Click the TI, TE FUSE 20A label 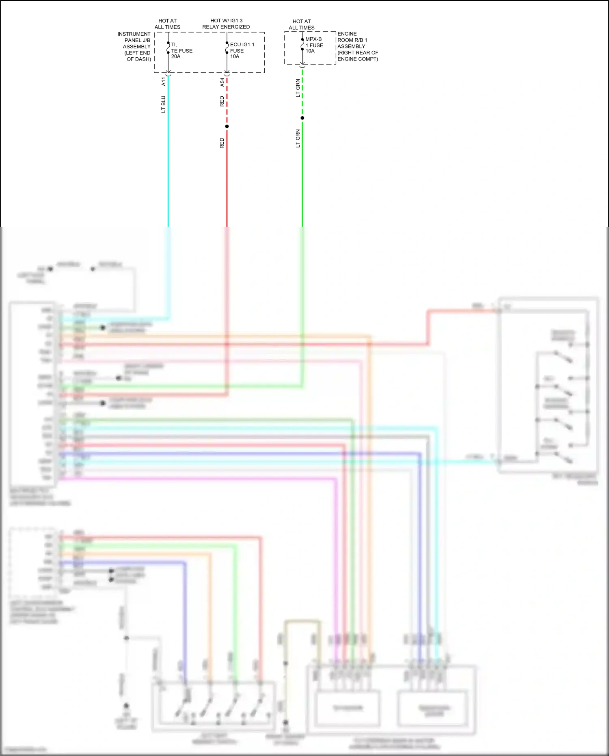click(x=181, y=51)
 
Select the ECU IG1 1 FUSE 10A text click(x=242, y=51)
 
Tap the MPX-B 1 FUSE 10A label click(x=314, y=45)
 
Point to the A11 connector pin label click(x=164, y=81)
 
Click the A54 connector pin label click(x=222, y=82)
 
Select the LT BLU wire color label click(x=163, y=104)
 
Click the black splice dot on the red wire click(x=227, y=126)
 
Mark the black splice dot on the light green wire click(x=302, y=118)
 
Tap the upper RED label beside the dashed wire click(x=222, y=101)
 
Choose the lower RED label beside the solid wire click(x=222, y=143)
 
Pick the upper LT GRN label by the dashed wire click(x=298, y=88)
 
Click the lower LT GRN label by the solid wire click(x=298, y=139)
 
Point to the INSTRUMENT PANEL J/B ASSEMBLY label click(x=135, y=47)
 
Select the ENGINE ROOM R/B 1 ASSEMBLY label click(x=357, y=46)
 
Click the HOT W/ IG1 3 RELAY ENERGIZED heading click(x=226, y=24)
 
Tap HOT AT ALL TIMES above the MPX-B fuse click(x=302, y=24)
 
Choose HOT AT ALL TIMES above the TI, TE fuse click(x=167, y=24)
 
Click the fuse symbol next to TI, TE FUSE click(x=168, y=48)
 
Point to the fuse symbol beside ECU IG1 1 click(x=227, y=48)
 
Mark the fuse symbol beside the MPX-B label click(x=302, y=44)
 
